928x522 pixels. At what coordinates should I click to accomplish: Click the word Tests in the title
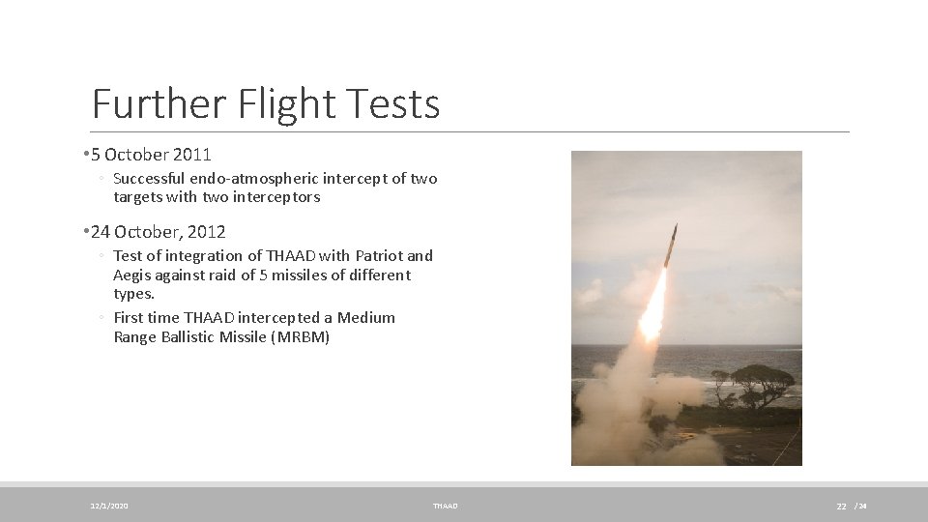(x=397, y=103)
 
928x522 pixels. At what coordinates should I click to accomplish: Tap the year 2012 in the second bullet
(x=208, y=232)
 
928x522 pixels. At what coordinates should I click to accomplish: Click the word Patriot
(x=379, y=256)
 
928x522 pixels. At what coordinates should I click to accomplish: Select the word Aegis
(x=132, y=275)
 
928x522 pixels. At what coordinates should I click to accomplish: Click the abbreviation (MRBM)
(x=301, y=337)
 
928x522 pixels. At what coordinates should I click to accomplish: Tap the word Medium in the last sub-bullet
(x=366, y=318)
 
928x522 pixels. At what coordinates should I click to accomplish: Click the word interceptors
(x=275, y=197)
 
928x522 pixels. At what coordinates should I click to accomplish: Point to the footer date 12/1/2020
(x=109, y=506)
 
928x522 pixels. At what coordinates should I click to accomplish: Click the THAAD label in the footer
(x=445, y=506)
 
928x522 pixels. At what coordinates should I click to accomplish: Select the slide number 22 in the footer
(x=841, y=507)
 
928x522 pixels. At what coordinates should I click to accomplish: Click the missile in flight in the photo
(x=670, y=246)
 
